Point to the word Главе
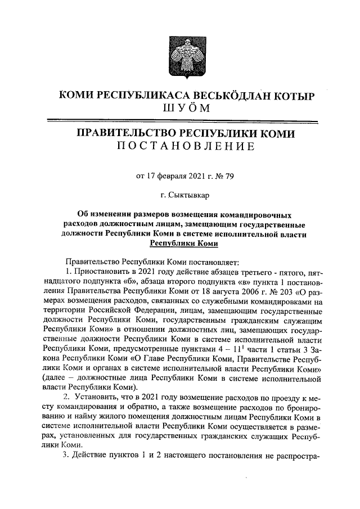(154, 359)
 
